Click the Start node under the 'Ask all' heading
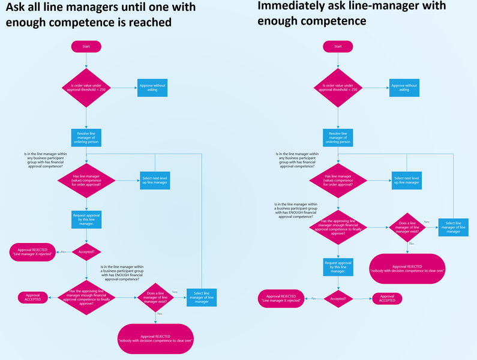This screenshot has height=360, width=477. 86,46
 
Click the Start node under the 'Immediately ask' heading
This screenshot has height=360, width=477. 338,46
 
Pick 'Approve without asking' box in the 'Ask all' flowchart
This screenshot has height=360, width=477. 152,88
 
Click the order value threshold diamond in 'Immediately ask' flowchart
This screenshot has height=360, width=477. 338,88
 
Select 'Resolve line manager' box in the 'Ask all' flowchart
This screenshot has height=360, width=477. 86,137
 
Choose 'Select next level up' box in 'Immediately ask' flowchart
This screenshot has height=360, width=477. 406,180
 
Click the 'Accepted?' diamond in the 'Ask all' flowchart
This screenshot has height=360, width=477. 86,251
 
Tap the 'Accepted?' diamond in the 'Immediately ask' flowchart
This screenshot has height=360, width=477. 338,297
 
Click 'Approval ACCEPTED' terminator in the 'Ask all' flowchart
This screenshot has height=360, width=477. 33,296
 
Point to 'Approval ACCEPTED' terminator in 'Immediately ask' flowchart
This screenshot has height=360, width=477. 387,298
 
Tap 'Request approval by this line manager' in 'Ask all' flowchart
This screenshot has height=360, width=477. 86,220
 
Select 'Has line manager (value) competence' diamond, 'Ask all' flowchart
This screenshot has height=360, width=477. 86,181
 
